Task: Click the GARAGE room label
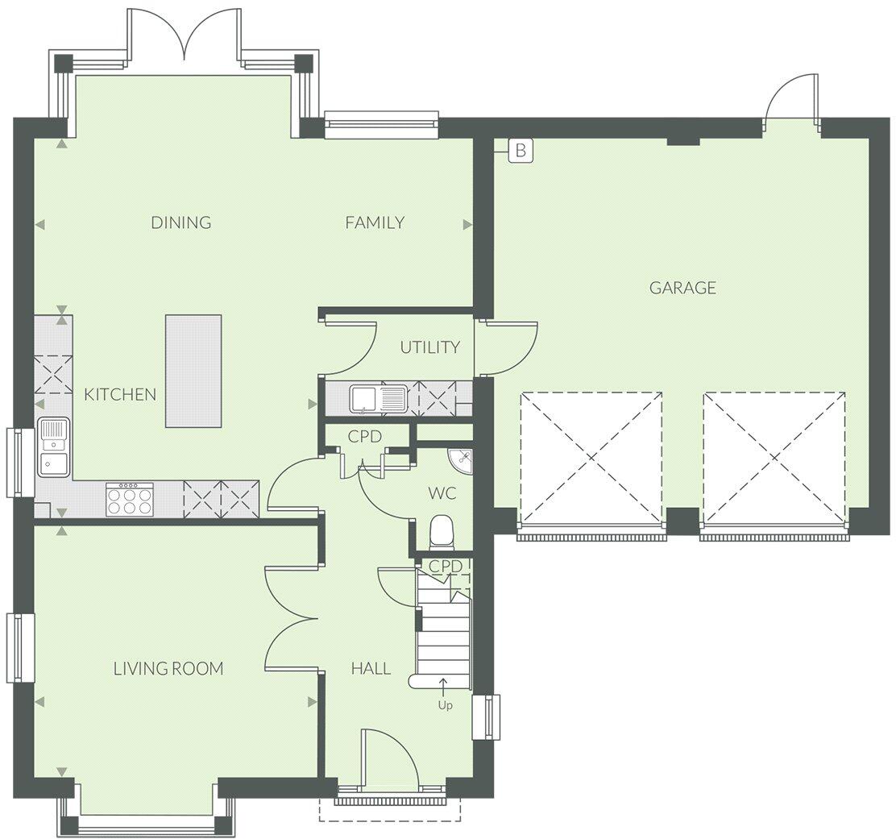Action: point(682,288)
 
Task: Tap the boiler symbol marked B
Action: point(521,150)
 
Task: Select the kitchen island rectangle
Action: point(193,371)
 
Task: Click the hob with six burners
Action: point(129,499)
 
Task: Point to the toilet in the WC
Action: point(442,531)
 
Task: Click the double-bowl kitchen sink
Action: point(54,446)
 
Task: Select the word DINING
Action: point(181,222)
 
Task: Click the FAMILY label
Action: point(375,222)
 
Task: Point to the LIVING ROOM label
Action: point(168,668)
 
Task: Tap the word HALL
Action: point(371,668)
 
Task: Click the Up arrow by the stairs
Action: point(444,687)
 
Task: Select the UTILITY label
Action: point(430,347)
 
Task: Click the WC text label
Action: point(442,493)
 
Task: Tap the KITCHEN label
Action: point(120,394)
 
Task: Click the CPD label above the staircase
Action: point(446,567)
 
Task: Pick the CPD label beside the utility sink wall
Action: point(364,436)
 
